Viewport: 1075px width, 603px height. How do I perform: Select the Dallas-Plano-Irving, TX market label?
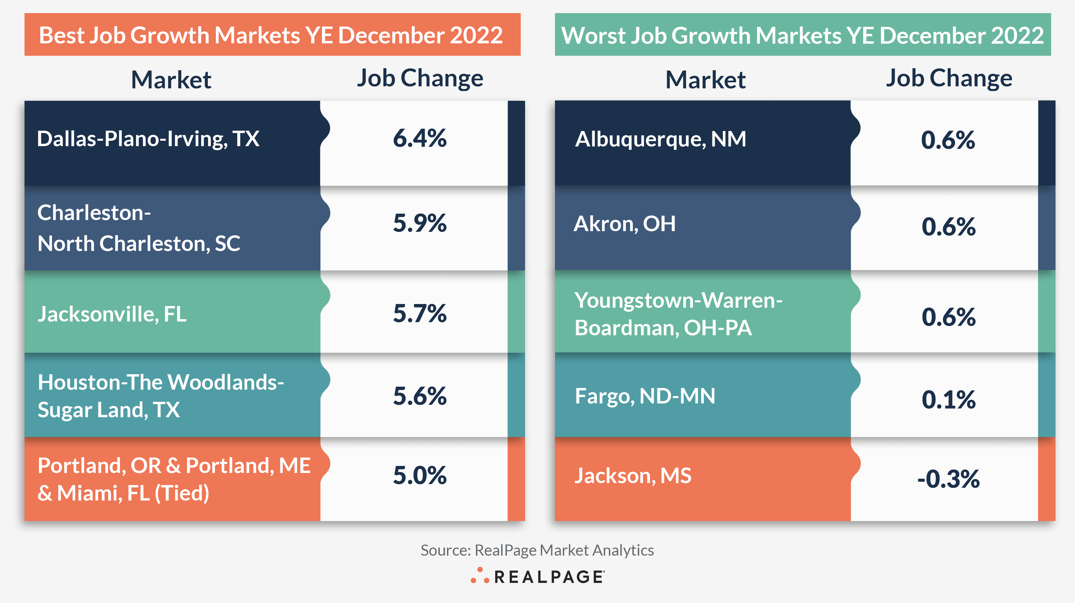coord(148,139)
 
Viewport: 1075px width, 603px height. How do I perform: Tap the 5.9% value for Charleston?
coord(419,223)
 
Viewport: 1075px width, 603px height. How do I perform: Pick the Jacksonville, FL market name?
coord(112,314)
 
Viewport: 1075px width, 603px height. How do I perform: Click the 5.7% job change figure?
coord(419,313)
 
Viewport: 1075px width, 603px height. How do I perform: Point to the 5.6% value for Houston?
coord(419,396)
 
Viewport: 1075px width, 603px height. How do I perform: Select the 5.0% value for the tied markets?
coord(419,475)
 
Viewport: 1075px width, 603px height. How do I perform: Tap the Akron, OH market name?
coord(625,224)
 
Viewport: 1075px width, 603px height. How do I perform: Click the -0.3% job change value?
coord(948,479)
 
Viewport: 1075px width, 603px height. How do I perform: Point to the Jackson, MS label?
coord(633,476)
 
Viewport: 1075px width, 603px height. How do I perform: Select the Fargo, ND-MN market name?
coord(645,396)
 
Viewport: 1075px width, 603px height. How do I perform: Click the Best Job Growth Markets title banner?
coord(272,35)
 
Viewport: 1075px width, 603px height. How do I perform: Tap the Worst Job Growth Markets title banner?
coord(802,35)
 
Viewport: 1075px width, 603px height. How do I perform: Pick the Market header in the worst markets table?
coord(705,79)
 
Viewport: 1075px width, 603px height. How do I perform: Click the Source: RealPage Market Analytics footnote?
coord(537,550)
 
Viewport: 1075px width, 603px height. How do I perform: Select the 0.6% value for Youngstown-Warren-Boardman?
coord(948,317)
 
